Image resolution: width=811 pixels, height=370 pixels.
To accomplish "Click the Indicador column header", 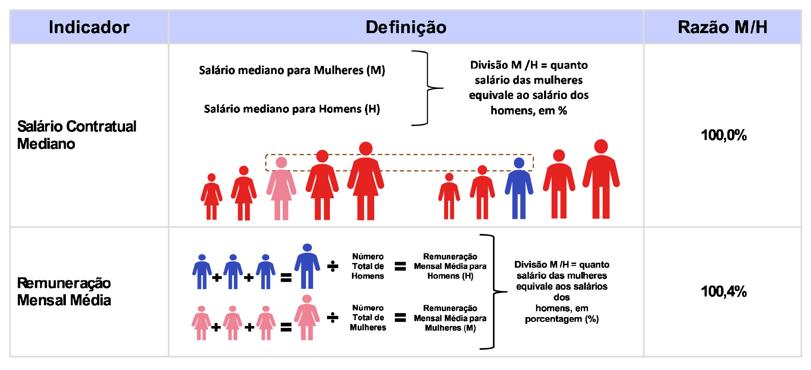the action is click(x=89, y=27).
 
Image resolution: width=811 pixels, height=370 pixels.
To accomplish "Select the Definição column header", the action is click(x=406, y=27).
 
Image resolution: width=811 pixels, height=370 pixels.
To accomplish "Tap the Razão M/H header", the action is click(x=722, y=27).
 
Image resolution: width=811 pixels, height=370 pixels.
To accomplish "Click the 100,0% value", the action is click(x=724, y=135).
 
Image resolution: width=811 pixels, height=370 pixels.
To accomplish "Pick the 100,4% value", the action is click(x=724, y=291).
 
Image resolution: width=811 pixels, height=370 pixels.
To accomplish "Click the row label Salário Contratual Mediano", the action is click(x=77, y=135).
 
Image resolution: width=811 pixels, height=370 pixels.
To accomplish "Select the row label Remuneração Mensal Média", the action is click(x=64, y=291).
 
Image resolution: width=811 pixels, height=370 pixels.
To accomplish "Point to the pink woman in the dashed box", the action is click(x=281, y=188).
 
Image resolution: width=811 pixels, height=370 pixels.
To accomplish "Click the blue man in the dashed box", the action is click(x=519, y=188).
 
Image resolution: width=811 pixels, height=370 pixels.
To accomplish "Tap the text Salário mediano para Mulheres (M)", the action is click(x=292, y=70).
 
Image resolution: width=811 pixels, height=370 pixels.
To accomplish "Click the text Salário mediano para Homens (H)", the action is click(x=292, y=109).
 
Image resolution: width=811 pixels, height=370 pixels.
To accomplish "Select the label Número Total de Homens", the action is click(x=368, y=266).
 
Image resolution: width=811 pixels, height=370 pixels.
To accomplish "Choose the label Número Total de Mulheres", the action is click(x=368, y=318).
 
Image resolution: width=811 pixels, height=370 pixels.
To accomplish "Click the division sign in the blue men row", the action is click(x=333, y=266).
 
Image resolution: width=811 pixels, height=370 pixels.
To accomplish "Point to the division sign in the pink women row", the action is click(x=333, y=318).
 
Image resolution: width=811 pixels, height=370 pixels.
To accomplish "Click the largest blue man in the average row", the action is click(x=307, y=266).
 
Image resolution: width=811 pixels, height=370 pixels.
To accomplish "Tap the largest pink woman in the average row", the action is click(x=307, y=318).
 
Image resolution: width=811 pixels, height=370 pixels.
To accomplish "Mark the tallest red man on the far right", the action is click(x=601, y=179).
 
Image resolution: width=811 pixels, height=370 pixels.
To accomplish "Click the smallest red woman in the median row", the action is click(x=212, y=197).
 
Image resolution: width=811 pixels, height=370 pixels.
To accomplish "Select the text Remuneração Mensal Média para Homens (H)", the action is click(x=450, y=266).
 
